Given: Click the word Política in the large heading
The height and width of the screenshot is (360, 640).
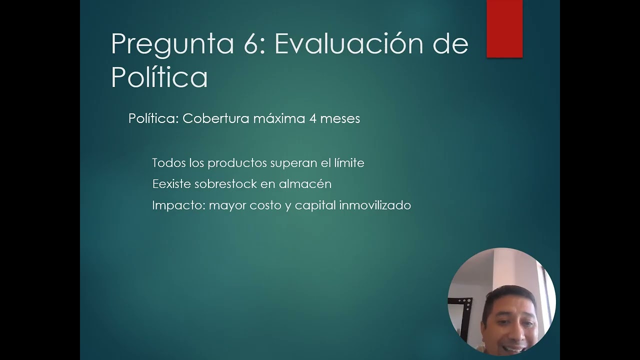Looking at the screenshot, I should point(159,77).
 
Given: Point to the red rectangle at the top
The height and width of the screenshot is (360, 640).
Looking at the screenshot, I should point(504,28).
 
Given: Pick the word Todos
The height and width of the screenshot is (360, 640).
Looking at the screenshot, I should point(168,163).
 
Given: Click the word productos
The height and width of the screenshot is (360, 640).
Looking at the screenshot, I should point(237,163).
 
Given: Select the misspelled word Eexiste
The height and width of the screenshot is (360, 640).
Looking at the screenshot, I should point(171,184).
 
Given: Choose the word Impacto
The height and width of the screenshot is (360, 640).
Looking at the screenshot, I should point(178,205).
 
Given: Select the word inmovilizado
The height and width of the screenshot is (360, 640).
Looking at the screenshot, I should point(375,205).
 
